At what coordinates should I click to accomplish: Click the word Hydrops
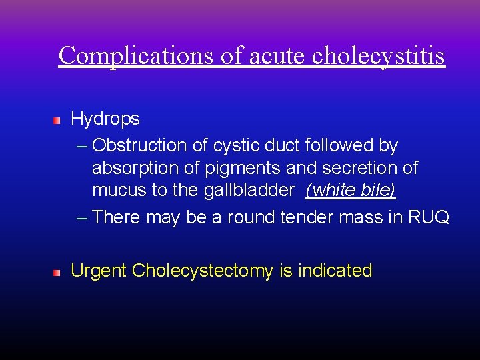tap(105, 119)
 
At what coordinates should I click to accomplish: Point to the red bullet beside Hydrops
tap(58, 121)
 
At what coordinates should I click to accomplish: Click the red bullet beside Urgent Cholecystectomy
tap(58, 273)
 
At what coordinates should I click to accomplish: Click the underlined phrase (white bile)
tap(351, 191)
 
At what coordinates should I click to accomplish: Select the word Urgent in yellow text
tap(99, 271)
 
